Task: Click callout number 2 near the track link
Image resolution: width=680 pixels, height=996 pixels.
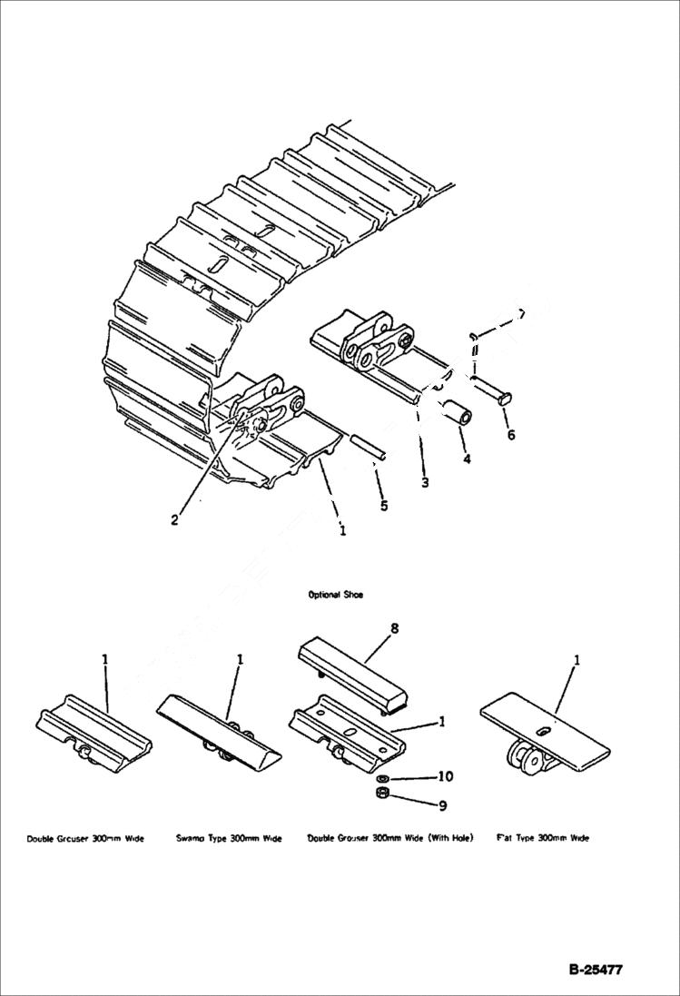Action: (x=174, y=520)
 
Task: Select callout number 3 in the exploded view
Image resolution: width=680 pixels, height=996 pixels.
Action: (x=425, y=483)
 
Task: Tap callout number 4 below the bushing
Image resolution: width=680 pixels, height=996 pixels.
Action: (x=467, y=459)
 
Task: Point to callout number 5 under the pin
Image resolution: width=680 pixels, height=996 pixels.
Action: (x=384, y=505)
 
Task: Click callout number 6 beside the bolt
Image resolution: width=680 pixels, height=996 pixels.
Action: (x=510, y=435)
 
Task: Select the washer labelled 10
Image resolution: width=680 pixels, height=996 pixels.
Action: (x=383, y=779)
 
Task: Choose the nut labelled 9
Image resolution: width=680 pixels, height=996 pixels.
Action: (x=383, y=795)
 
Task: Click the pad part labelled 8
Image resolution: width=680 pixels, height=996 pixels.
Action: (x=354, y=673)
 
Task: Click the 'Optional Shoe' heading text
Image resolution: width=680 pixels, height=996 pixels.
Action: (x=335, y=595)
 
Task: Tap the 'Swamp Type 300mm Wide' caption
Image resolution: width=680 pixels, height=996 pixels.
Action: (x=229, y=838)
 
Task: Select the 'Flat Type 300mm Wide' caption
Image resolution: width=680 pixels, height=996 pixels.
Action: (x=542, y=838)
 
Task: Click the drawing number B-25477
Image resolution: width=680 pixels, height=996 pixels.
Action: (x=596, y=970)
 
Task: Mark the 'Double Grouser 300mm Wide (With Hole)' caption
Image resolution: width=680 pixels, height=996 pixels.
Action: (x=390, y=838)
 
